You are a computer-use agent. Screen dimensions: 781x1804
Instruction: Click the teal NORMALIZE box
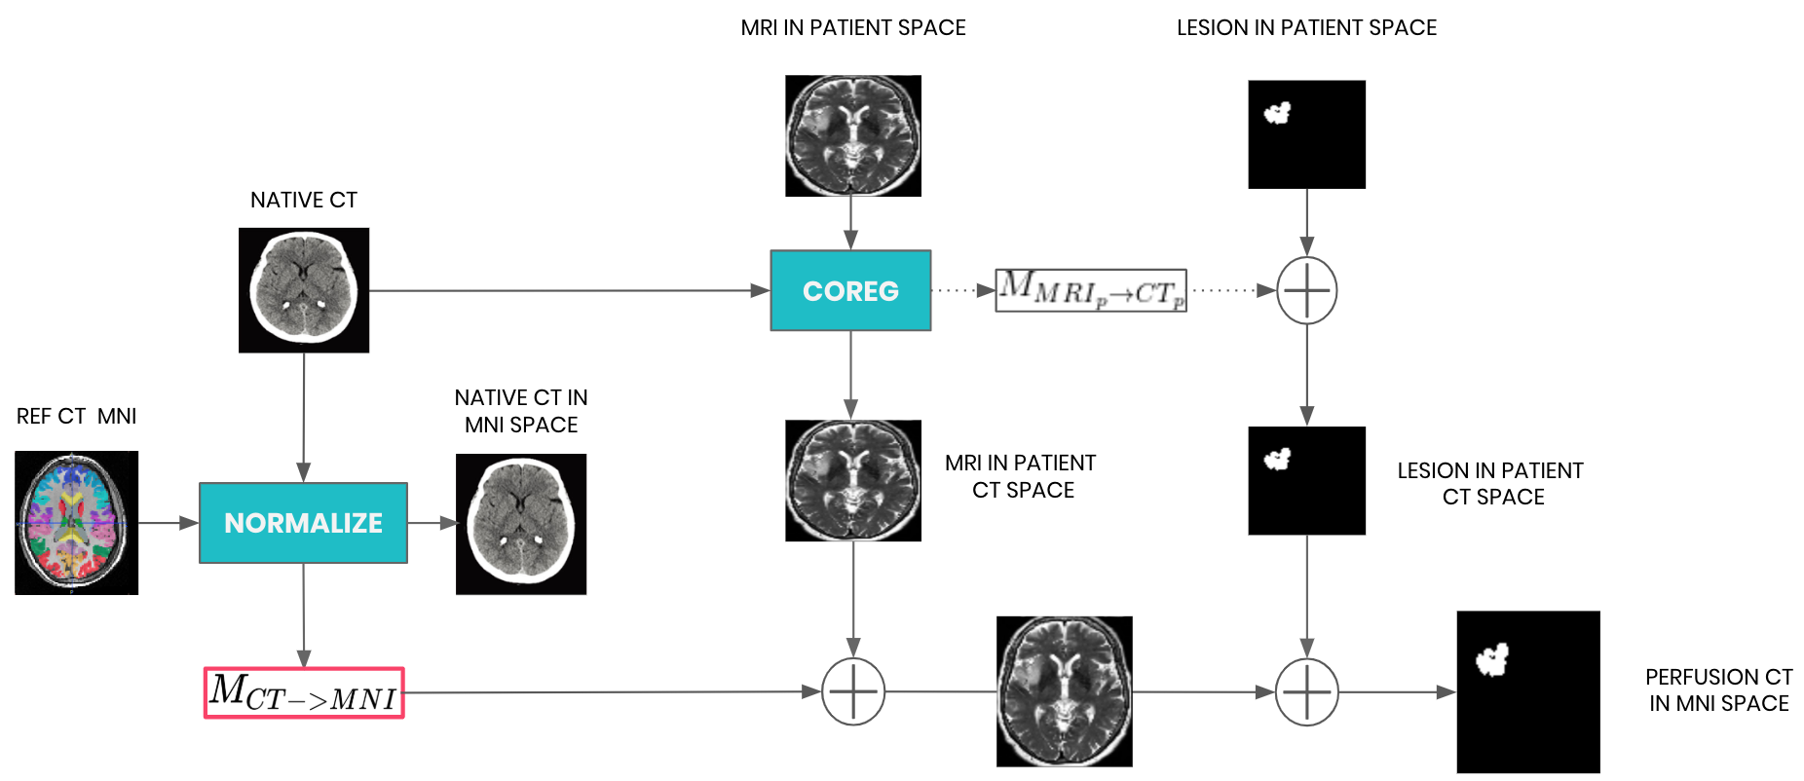(x=303, y=523)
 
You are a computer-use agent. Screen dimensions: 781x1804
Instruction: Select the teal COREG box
(x=850, y=290)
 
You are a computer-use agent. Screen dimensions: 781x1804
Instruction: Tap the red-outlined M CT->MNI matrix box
(x=304, y=692)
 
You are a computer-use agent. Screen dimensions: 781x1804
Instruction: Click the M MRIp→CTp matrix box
(x=1091, y=290)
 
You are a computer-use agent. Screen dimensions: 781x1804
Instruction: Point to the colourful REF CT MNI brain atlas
(x=76, y=523)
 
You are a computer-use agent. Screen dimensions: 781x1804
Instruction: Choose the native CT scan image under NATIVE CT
(x=304, y=290)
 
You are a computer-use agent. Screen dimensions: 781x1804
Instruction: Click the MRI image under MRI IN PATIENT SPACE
(x=853, y=136)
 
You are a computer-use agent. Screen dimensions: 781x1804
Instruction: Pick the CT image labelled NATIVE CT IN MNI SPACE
(x=521, y=524)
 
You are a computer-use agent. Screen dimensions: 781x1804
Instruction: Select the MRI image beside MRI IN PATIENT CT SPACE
(x=853, y=480)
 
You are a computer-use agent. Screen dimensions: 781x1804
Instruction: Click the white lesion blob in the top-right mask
(x=1277, y=113)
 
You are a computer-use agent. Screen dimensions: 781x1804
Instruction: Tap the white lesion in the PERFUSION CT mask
(x=1491, y=659)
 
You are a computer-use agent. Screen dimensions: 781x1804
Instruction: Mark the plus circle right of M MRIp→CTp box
(x=1306, y=290)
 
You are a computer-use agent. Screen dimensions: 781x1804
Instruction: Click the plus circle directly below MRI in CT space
(x=853, y=691)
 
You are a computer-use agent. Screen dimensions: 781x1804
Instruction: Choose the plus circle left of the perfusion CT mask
(x=1306, y=691)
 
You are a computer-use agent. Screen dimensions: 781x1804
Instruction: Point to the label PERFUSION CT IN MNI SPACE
(x=1718, y=689)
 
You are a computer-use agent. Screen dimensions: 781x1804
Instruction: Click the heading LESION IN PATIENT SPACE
(x=1306, y=27)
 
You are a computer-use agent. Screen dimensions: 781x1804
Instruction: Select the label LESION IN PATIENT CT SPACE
(x=1490, y=483)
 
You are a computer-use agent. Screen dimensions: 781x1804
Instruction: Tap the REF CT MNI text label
(x=76, y=416)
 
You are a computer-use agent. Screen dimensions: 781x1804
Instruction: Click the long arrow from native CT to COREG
(x=565, y=290)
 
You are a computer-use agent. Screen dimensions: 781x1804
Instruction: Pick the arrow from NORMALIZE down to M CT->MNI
(x=304, y=614)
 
